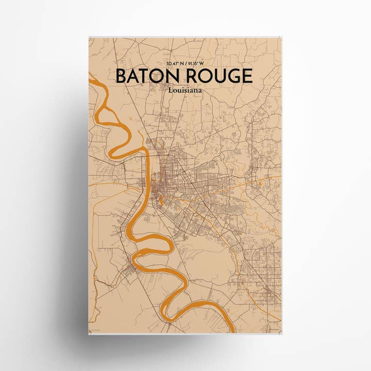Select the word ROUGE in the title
coord(217,76)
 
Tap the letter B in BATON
coord(121,76)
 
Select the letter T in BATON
coord(146,76)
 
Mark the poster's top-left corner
coord(89,37)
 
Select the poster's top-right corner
coord(282,37)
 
